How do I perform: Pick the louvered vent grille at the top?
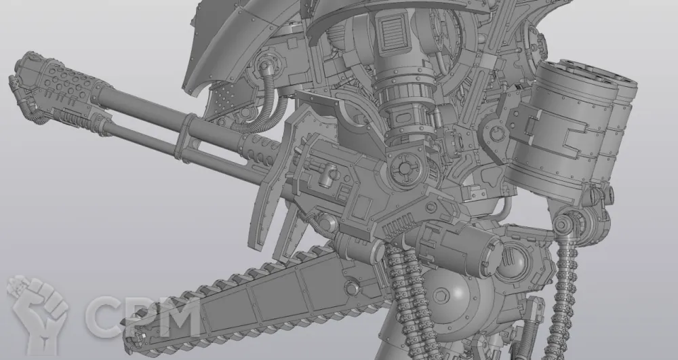[x=393, y=31]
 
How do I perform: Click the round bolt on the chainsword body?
[x=352, y=288]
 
